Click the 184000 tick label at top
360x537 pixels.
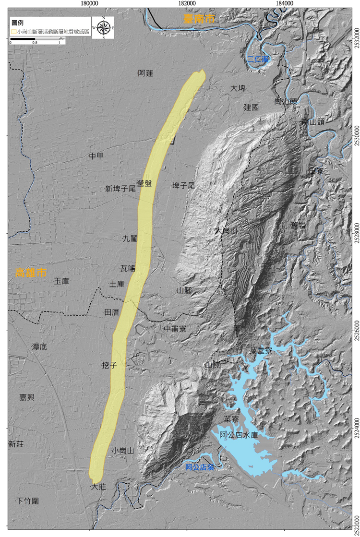[x=285, y=3]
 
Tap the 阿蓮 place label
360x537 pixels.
[x=145, y=73]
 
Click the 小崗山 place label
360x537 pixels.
[x=122, y=451]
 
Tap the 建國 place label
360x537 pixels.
[x=251, y=107]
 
